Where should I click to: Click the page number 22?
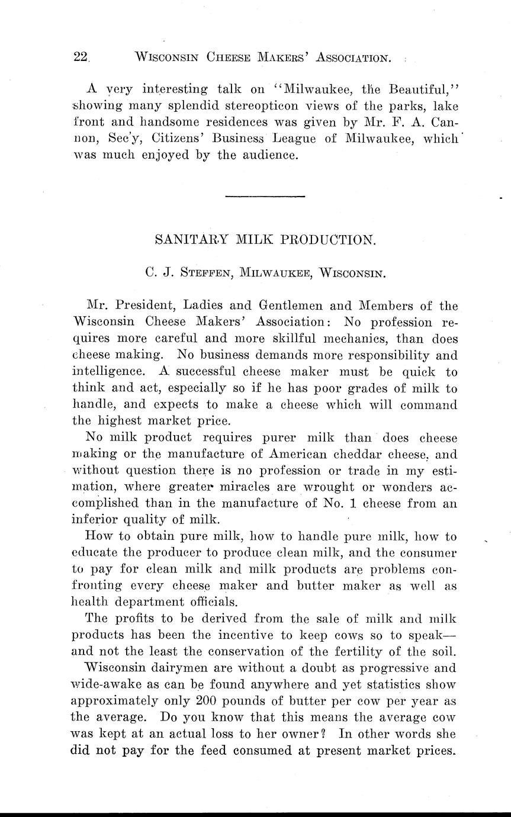tap(80, 57)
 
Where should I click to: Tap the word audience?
tap(266, 156)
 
